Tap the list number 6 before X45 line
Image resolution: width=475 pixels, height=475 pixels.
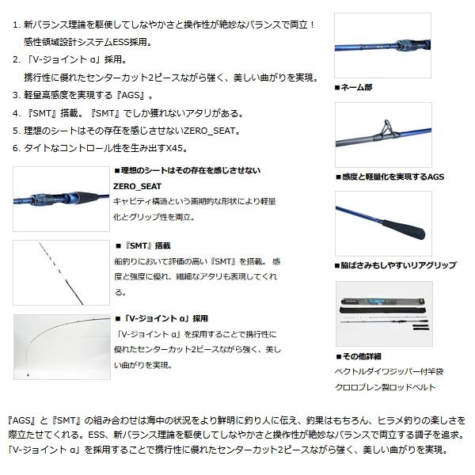coord(17,147)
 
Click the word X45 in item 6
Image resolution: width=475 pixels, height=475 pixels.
coord(177,147)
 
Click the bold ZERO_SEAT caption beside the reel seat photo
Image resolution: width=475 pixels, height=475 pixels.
coord(137,187)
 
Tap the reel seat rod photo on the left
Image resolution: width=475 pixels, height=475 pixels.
coord(61,198)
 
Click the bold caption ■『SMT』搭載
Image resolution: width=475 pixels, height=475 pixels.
coord(142,246)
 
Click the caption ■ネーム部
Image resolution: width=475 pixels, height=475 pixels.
coord(353,86)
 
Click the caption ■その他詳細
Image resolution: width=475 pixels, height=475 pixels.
coord(358,357)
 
